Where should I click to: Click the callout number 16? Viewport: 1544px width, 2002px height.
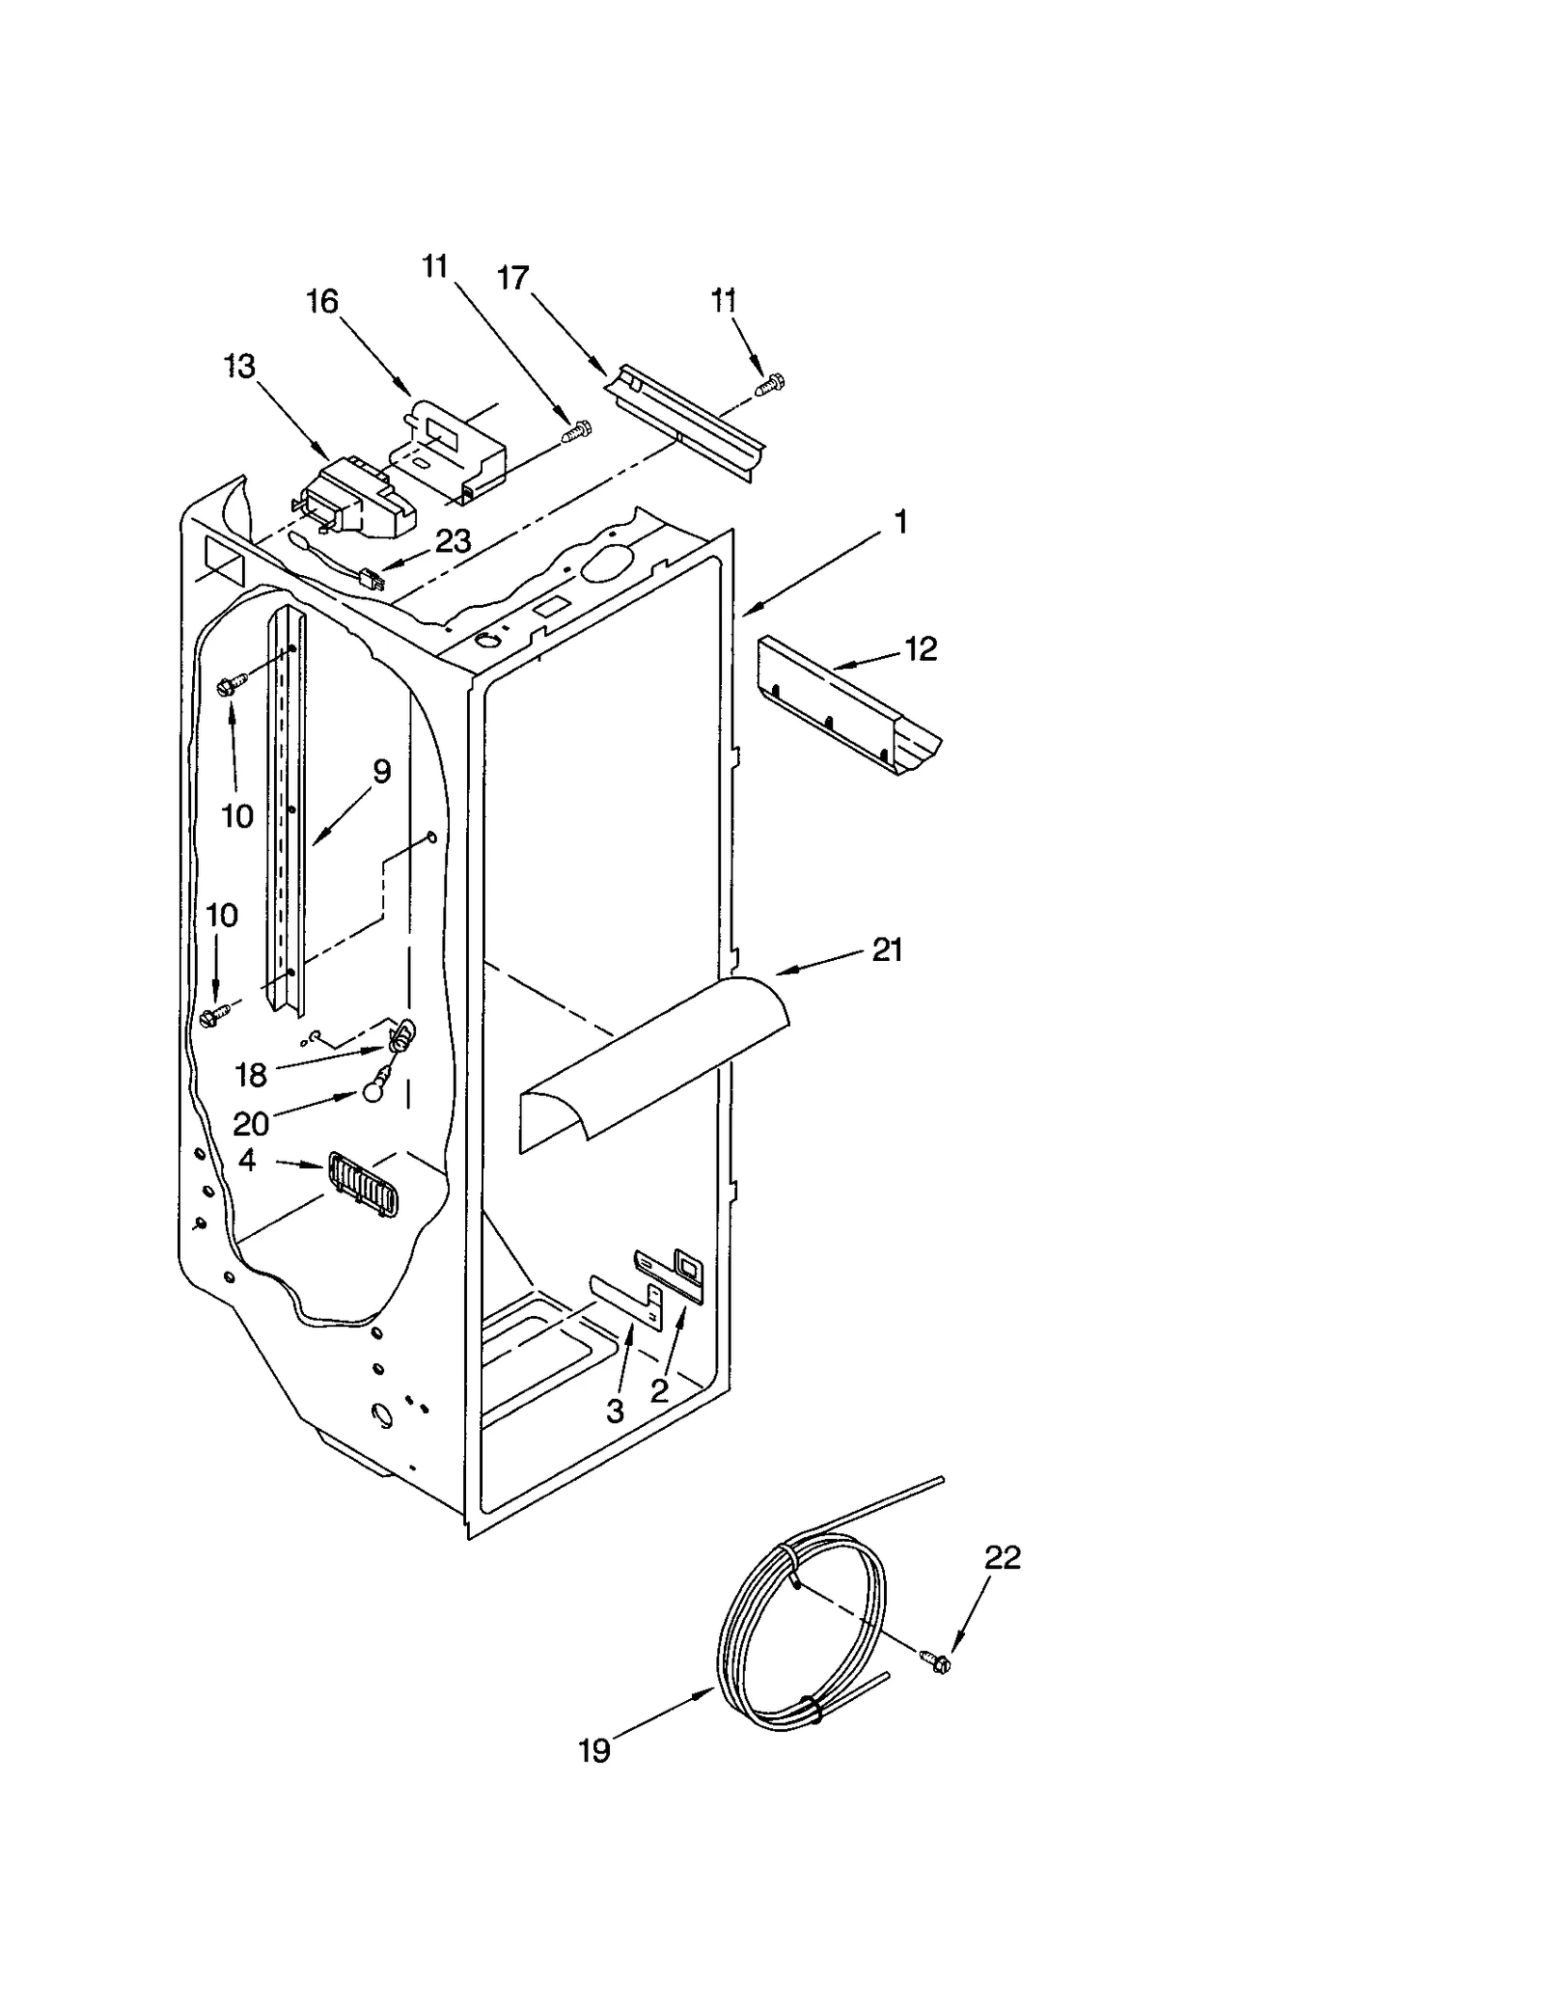click(322, 302)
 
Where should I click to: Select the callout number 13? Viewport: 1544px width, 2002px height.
click(239, 367)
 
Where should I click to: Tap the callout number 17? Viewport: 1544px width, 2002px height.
click(512, 278)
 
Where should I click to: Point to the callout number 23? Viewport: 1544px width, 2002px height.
click(452, 541)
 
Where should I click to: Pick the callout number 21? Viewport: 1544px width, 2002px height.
click(887, 950)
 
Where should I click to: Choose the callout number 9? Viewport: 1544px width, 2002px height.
click(381, 771)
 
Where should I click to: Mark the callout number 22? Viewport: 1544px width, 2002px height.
click(1002, 1558)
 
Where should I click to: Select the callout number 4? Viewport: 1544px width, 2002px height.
click(247, 1161)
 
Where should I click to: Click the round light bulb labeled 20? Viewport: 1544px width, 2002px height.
click(373, 1093)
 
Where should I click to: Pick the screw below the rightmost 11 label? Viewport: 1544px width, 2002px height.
click(771, 384)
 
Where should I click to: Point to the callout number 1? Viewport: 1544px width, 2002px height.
click(899, 523)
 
